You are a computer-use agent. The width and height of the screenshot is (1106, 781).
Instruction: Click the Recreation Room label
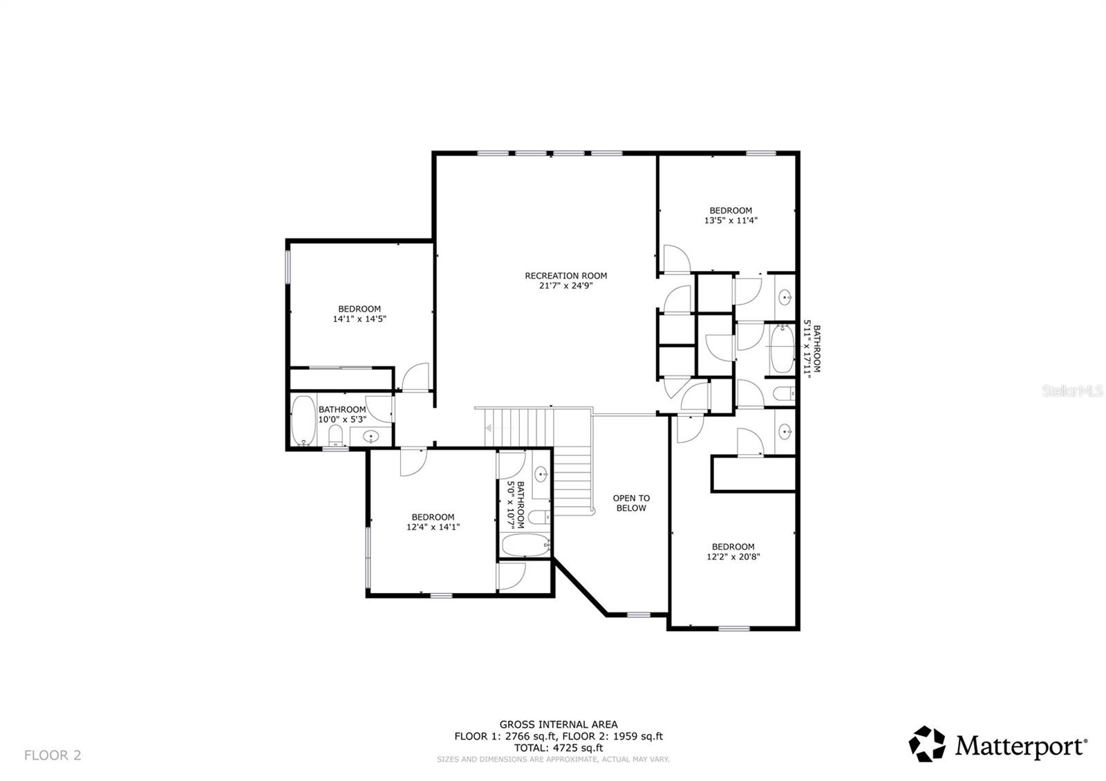[x=565, y=276]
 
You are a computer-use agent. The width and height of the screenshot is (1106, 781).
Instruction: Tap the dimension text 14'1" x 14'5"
[x=359, y=319]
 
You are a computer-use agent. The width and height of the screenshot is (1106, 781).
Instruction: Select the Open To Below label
[x=631, y=502]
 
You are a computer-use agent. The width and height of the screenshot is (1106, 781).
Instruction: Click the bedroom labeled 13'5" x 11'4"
[x=731, y=216]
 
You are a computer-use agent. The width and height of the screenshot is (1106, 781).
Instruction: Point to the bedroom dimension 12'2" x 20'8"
[x=733, y=556]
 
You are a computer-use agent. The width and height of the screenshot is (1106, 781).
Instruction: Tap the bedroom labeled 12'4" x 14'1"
[x=433, y=522]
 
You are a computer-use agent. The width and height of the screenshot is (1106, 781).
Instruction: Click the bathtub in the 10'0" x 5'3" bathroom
[x=303, y=421]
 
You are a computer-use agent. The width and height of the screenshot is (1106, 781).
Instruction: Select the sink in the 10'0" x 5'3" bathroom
[x=371, y=437]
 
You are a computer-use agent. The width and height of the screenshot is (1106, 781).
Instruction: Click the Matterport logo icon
[x=926, y=744]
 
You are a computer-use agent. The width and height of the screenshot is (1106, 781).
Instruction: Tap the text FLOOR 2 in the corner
[x=53, y=755]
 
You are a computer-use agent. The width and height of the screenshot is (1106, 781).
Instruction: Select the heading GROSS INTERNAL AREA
[x=559, y=724]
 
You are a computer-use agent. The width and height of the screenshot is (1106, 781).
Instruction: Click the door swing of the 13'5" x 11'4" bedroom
[x=676, y=259]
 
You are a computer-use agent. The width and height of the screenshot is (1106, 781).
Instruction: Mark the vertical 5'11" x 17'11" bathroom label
[x=812, y=349]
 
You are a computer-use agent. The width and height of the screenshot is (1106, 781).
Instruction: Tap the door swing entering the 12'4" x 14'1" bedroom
[x=413, y=462]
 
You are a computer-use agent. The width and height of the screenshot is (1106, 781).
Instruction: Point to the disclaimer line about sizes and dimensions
[x=553, y=759]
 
